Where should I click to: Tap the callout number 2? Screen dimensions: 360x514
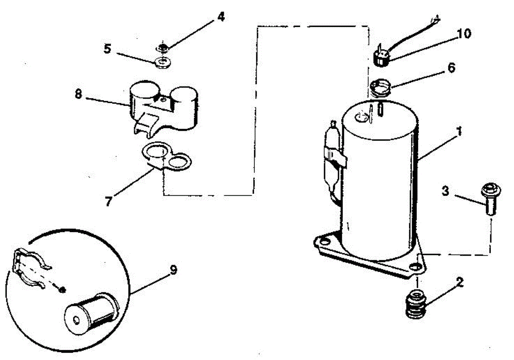point(459,282)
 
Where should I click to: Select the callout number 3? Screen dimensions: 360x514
point(446,191)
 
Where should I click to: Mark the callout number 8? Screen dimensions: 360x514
point(78,94)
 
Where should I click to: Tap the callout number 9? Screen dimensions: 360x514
point(173,270)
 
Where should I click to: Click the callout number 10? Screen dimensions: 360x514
point(463,33)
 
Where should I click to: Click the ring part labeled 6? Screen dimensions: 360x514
point(380,89)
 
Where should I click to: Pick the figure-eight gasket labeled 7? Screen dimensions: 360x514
point(167,157)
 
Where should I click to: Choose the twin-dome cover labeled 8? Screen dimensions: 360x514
point(163,107)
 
